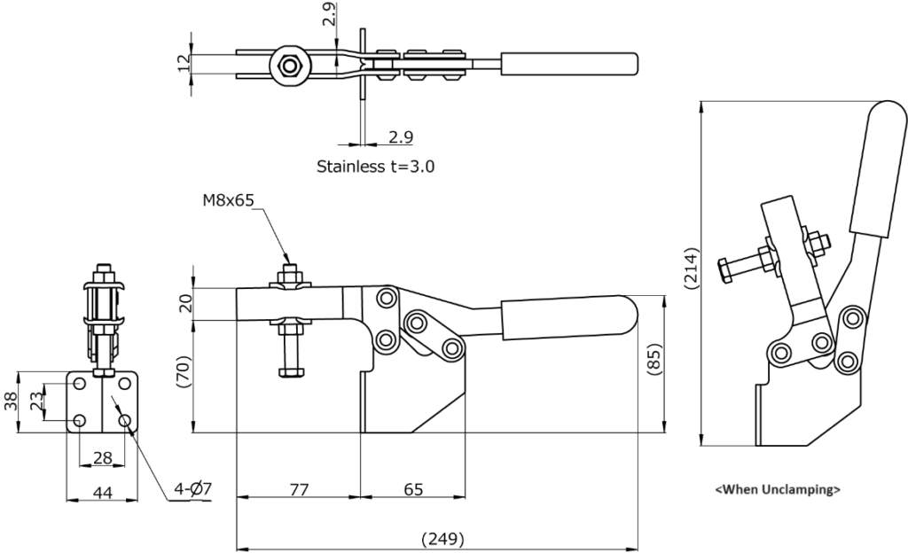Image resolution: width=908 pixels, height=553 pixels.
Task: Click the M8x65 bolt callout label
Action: (227, 200)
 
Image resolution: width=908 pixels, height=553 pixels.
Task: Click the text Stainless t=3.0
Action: (375, 166)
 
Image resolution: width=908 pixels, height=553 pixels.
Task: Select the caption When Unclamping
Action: (778, 488)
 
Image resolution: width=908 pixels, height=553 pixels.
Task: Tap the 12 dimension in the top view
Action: (184, 64)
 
